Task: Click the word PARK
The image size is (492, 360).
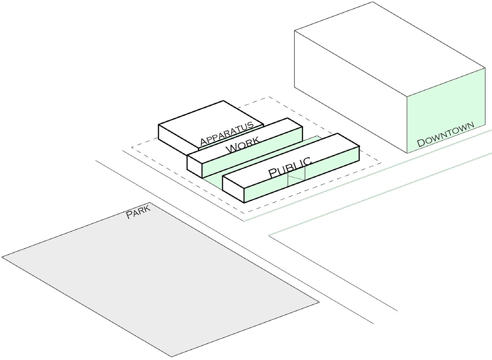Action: click(x=138, y=211)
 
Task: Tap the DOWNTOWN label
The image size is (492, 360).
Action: click(x=445, y=135)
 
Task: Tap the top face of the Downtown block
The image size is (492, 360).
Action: click(x=389, y=48)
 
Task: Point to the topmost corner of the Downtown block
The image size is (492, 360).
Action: click(x=373, y=2)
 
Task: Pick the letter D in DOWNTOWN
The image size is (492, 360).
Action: click(x=421, y=142)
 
